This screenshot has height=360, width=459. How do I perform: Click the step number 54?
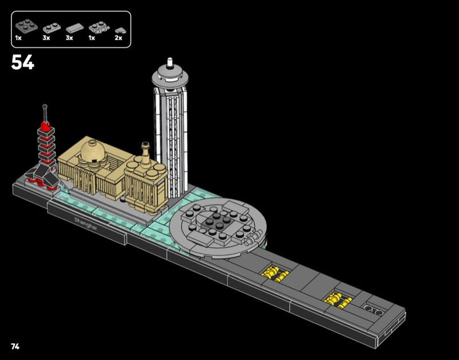23,62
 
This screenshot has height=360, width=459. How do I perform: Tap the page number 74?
15,347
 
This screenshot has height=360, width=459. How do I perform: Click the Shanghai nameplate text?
85,224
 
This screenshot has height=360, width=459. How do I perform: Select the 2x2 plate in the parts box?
26,26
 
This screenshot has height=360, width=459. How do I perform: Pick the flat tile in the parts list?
75,28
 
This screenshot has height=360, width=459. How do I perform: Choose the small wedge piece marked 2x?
119,30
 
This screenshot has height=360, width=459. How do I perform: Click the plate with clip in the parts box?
99,27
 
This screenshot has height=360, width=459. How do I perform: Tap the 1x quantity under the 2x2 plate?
18,38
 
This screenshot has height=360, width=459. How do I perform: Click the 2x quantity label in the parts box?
118,38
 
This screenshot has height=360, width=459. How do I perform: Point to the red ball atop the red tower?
45,126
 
